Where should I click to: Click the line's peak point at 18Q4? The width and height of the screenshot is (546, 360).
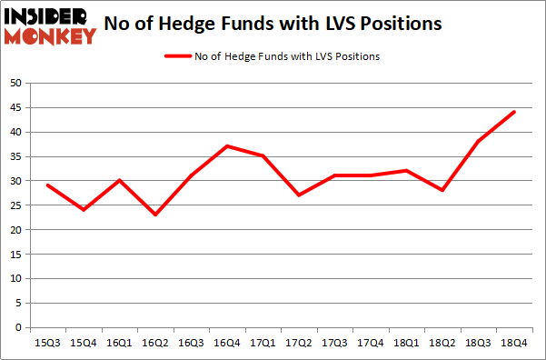pos(513,112)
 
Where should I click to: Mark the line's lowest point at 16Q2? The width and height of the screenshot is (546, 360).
pos(154,215)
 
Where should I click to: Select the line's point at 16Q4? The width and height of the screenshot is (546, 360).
pos(226,146)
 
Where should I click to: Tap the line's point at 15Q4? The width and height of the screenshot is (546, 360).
pos(84,210)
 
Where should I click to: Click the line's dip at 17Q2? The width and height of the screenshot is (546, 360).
pos(298,195)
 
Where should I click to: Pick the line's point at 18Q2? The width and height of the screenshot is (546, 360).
pos(442,190)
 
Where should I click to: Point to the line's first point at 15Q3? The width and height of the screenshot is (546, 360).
pos(47,185)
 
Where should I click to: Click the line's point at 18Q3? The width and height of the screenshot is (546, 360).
pos(477,141)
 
